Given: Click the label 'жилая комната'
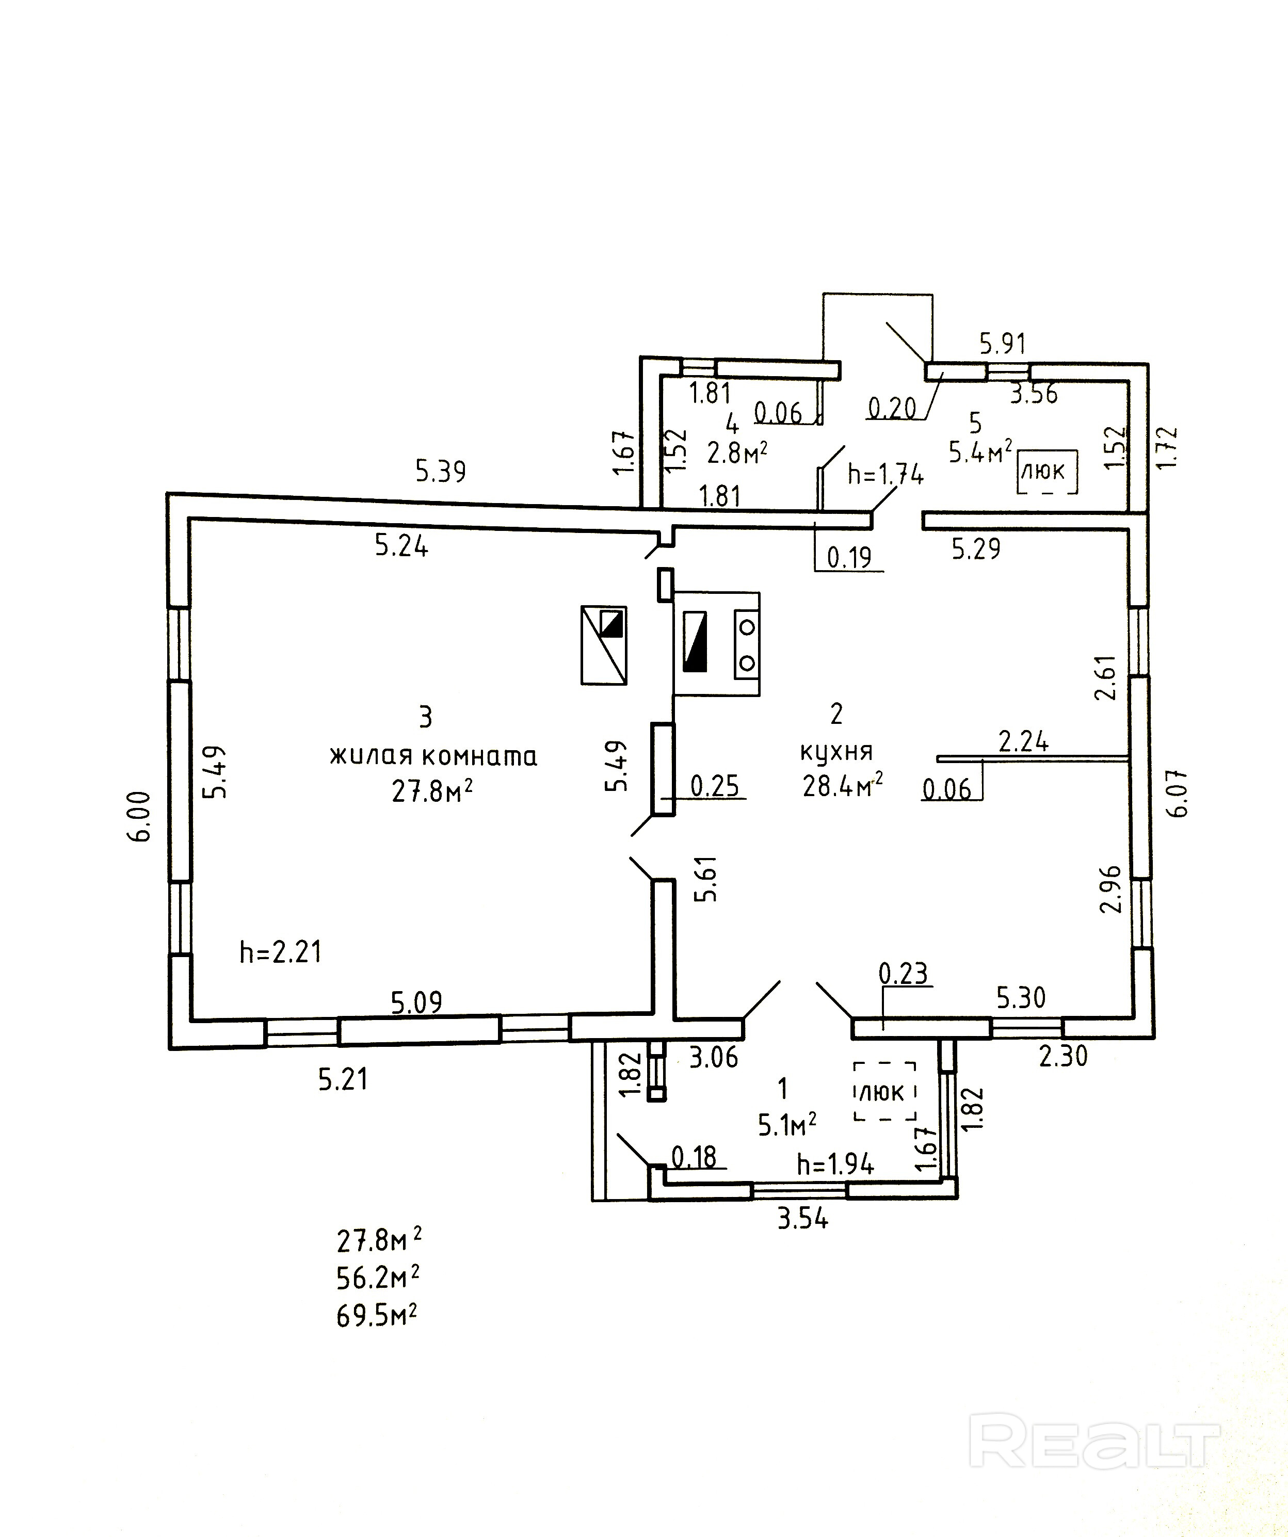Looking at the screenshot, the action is coord(433,756).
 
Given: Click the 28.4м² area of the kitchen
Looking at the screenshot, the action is coord(843,786).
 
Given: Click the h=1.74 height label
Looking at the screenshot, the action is coord(886,474).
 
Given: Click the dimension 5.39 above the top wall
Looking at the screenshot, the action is coord(441,472).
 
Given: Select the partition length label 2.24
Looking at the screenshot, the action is coord(1024,742).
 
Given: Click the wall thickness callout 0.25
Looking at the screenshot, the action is coord(715,786).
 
